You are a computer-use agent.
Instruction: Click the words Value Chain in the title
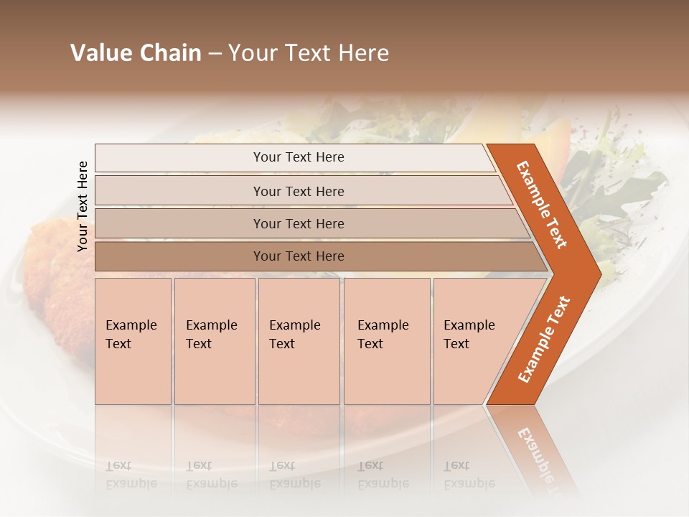tap(136, 53)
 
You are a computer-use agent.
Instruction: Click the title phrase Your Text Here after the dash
tap(309, 53)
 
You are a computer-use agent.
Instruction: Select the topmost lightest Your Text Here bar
tap(299, 157)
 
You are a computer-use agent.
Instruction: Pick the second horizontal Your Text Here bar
tap(299, 191)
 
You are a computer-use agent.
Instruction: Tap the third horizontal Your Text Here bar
tap(299, 223)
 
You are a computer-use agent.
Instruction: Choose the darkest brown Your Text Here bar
tap(299, 256)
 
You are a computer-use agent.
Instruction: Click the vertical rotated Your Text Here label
tap(83, 206)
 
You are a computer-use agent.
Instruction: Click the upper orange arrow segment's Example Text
tap(542, 204)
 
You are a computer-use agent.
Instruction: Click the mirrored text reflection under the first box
tap(131, 475)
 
